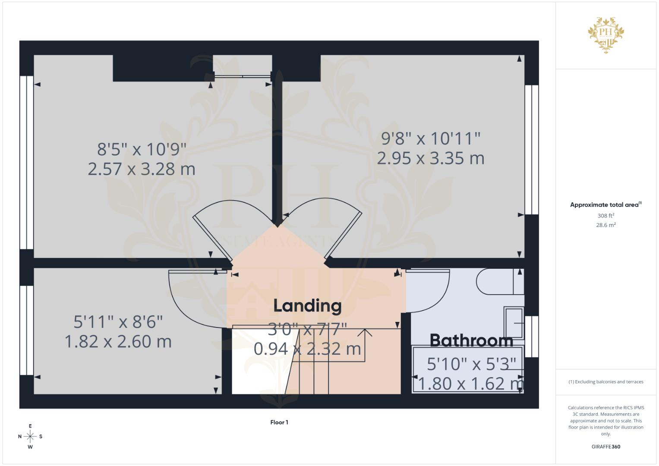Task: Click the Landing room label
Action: coord(307,305)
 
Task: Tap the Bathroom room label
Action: coord(471,340)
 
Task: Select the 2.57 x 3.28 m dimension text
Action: coord(142,169)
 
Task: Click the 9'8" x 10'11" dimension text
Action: coord(430,139)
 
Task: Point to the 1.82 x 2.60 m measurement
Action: coord(118,341)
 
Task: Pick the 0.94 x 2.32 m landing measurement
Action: coord(307,349)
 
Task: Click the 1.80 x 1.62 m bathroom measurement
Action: coord(470,383)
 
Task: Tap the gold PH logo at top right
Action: coord(606,35)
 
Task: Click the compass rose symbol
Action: coord(30,436)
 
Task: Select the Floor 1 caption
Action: coord(279,422)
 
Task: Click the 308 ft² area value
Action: coord(605,216)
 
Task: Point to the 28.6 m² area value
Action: coord(605,225)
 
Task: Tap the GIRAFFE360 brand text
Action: coord(605,447)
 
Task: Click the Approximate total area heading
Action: coord(605,205)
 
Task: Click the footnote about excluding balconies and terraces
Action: coord(605,382)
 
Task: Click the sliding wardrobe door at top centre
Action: coord(243,77)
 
